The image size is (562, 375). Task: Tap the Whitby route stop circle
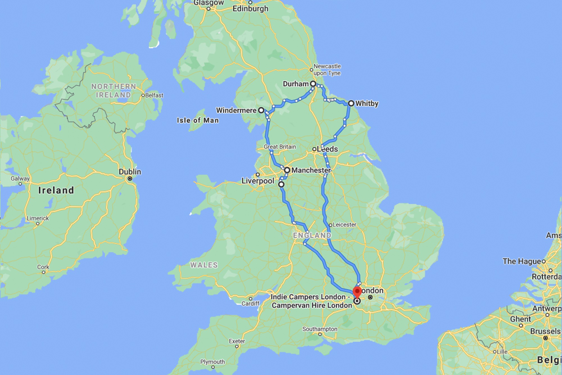click(351, 103)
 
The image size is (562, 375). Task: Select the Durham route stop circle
click(313, 84)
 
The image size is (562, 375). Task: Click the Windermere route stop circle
click(261, 110)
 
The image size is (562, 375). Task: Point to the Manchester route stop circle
click(287, 170)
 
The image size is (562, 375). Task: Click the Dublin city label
click(130, 172)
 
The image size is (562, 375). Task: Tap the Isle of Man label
click(198, 120)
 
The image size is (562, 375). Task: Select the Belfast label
click(154, 95)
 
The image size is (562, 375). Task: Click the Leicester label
click(344, 225)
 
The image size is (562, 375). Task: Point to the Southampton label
click(320, 329)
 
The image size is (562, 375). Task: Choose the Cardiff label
click(251, 304)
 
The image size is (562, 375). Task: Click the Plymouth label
click(212, 362)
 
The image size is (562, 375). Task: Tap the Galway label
click(20, 179)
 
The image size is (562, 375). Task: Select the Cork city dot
click(44, 272)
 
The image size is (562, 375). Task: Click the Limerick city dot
click(38, 223)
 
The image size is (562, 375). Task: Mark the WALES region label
click(204, 265)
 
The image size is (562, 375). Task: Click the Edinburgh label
click(250, 9)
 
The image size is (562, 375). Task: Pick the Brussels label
click(545, 331)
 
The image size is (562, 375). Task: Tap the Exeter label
click(237, 341)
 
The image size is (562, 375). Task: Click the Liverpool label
click(258, 181)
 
